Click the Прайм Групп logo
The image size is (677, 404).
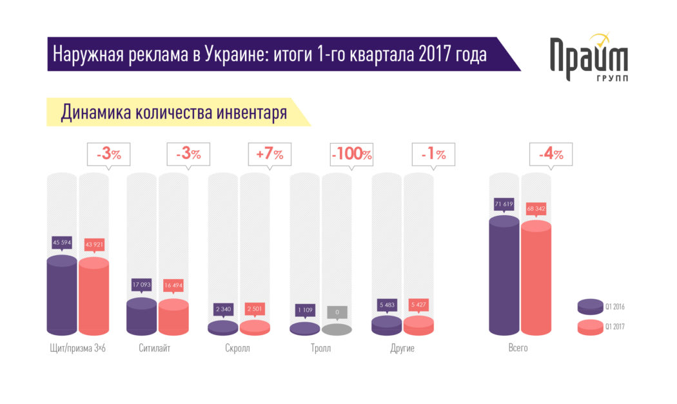(x=587, y=58)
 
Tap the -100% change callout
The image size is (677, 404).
(x=352, y=155)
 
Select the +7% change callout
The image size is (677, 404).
(x=270, y=155)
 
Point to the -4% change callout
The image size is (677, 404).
(x=551, y=155)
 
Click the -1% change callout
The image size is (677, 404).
(x=433, y=155)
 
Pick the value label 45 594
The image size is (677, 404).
(x=63, y=243)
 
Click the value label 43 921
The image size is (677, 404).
(x=93, y=244)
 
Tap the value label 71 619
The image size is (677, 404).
(x=504, y=204)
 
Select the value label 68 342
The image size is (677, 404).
(x=536, y=209)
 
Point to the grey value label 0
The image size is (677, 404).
(x=337, y=313)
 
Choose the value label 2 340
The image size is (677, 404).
(x=223, y=309)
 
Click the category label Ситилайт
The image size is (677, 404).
(x=155, y=349)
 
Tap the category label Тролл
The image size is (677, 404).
(x=320, y=349)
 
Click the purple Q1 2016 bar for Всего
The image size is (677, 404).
(x=504, y=277)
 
